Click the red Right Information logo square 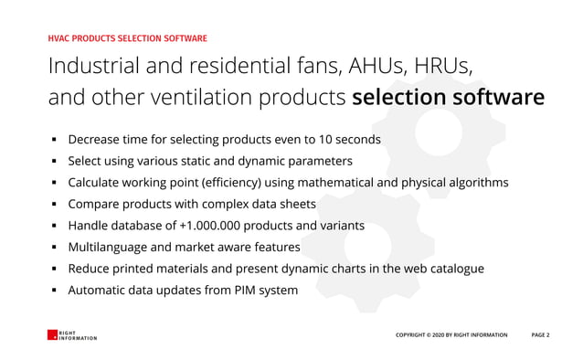52,335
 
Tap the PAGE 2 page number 541,335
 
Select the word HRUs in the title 444,67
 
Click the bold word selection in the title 392,98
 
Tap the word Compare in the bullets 94,205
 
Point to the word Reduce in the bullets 90,269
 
